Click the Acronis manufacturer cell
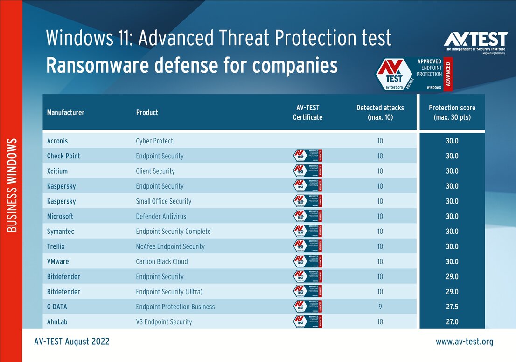click(57, 141)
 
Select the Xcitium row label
click(58, 171)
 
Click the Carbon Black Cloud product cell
click(161, 261)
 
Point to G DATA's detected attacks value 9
click(380, 307)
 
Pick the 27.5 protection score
click(452, 307)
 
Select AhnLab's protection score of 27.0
click(452, 322)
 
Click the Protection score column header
click(452, 112)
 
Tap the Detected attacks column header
click(380, 112)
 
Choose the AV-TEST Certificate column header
click(307, 112)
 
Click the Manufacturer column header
click(66, 112)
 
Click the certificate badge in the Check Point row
click(307, 156)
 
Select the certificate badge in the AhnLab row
click(307, 321)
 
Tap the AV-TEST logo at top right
click(475, 41)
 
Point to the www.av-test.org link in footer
click(464, 342)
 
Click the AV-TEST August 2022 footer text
click(72, 342)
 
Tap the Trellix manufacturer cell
click(56, 246)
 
